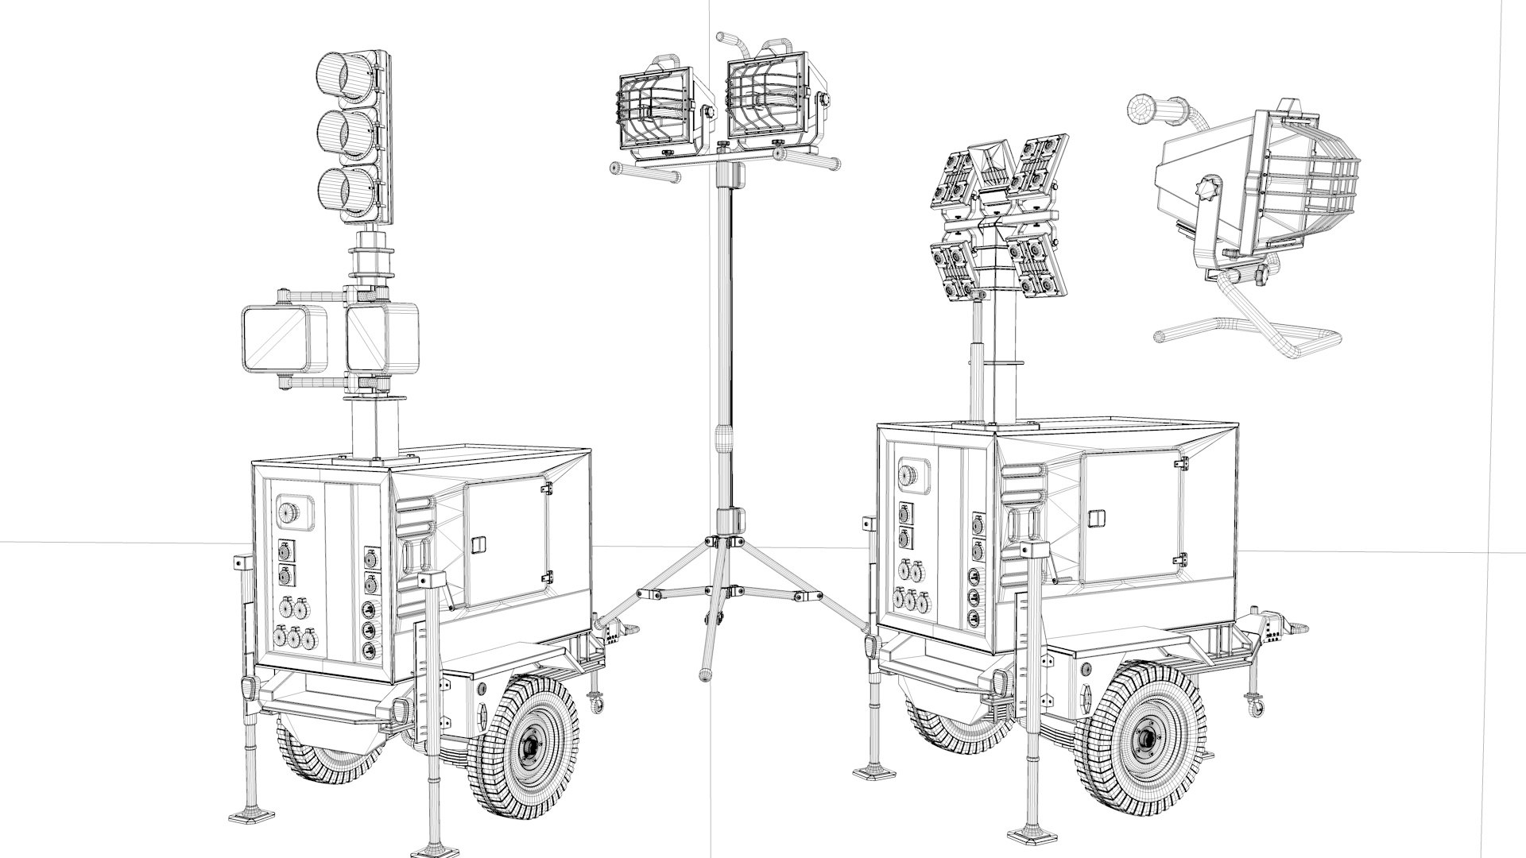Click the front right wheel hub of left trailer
tap(529, 747)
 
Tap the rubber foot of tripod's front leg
tap(704, 676)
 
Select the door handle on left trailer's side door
tap(478, 544)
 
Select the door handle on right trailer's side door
tap(1098, 518)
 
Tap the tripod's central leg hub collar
tap(728, 540)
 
